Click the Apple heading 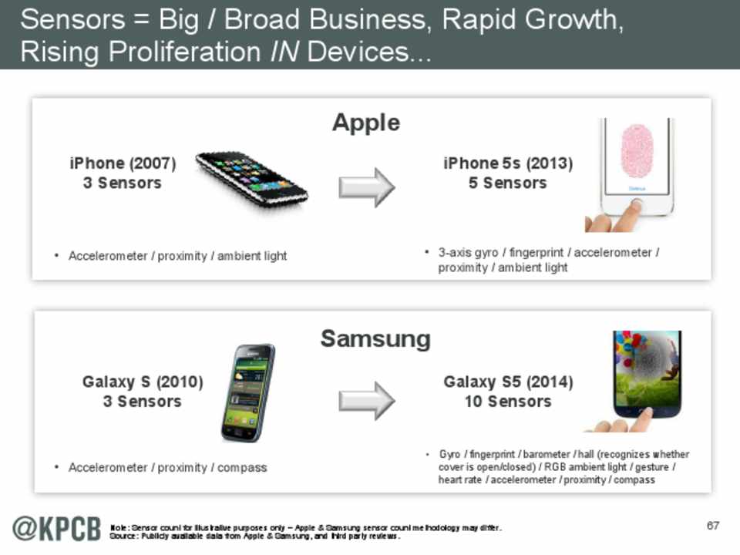[366, 123]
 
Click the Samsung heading [375, 339]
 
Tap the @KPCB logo [56, 529]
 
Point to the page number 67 [712, 525]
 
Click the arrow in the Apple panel [367, 187]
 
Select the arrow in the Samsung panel [367, 401]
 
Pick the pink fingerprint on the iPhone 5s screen [637, 151]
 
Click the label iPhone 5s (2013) [508, 163]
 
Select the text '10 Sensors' [508, 402]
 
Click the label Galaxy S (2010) [143, 382]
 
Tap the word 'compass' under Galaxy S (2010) [242, 468]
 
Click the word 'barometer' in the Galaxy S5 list [547, 454]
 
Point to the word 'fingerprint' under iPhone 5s [536, 253]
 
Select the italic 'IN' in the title [284, 52]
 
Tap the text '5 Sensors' [508, 183]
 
